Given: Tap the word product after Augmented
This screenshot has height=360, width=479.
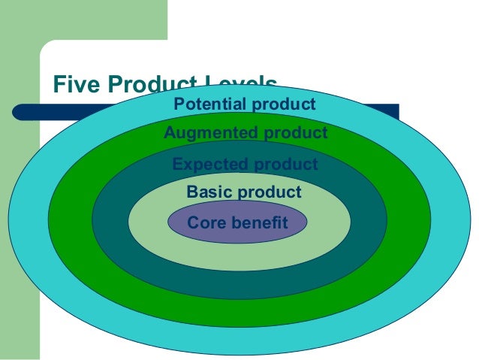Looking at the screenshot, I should point(294,133).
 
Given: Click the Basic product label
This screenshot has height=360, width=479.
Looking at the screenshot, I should point(243,192).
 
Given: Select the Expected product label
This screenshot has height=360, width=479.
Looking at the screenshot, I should point(245,164).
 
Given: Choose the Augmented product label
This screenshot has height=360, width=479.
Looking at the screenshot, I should point(246,133).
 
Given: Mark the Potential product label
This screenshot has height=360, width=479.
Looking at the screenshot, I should point(245,104).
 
